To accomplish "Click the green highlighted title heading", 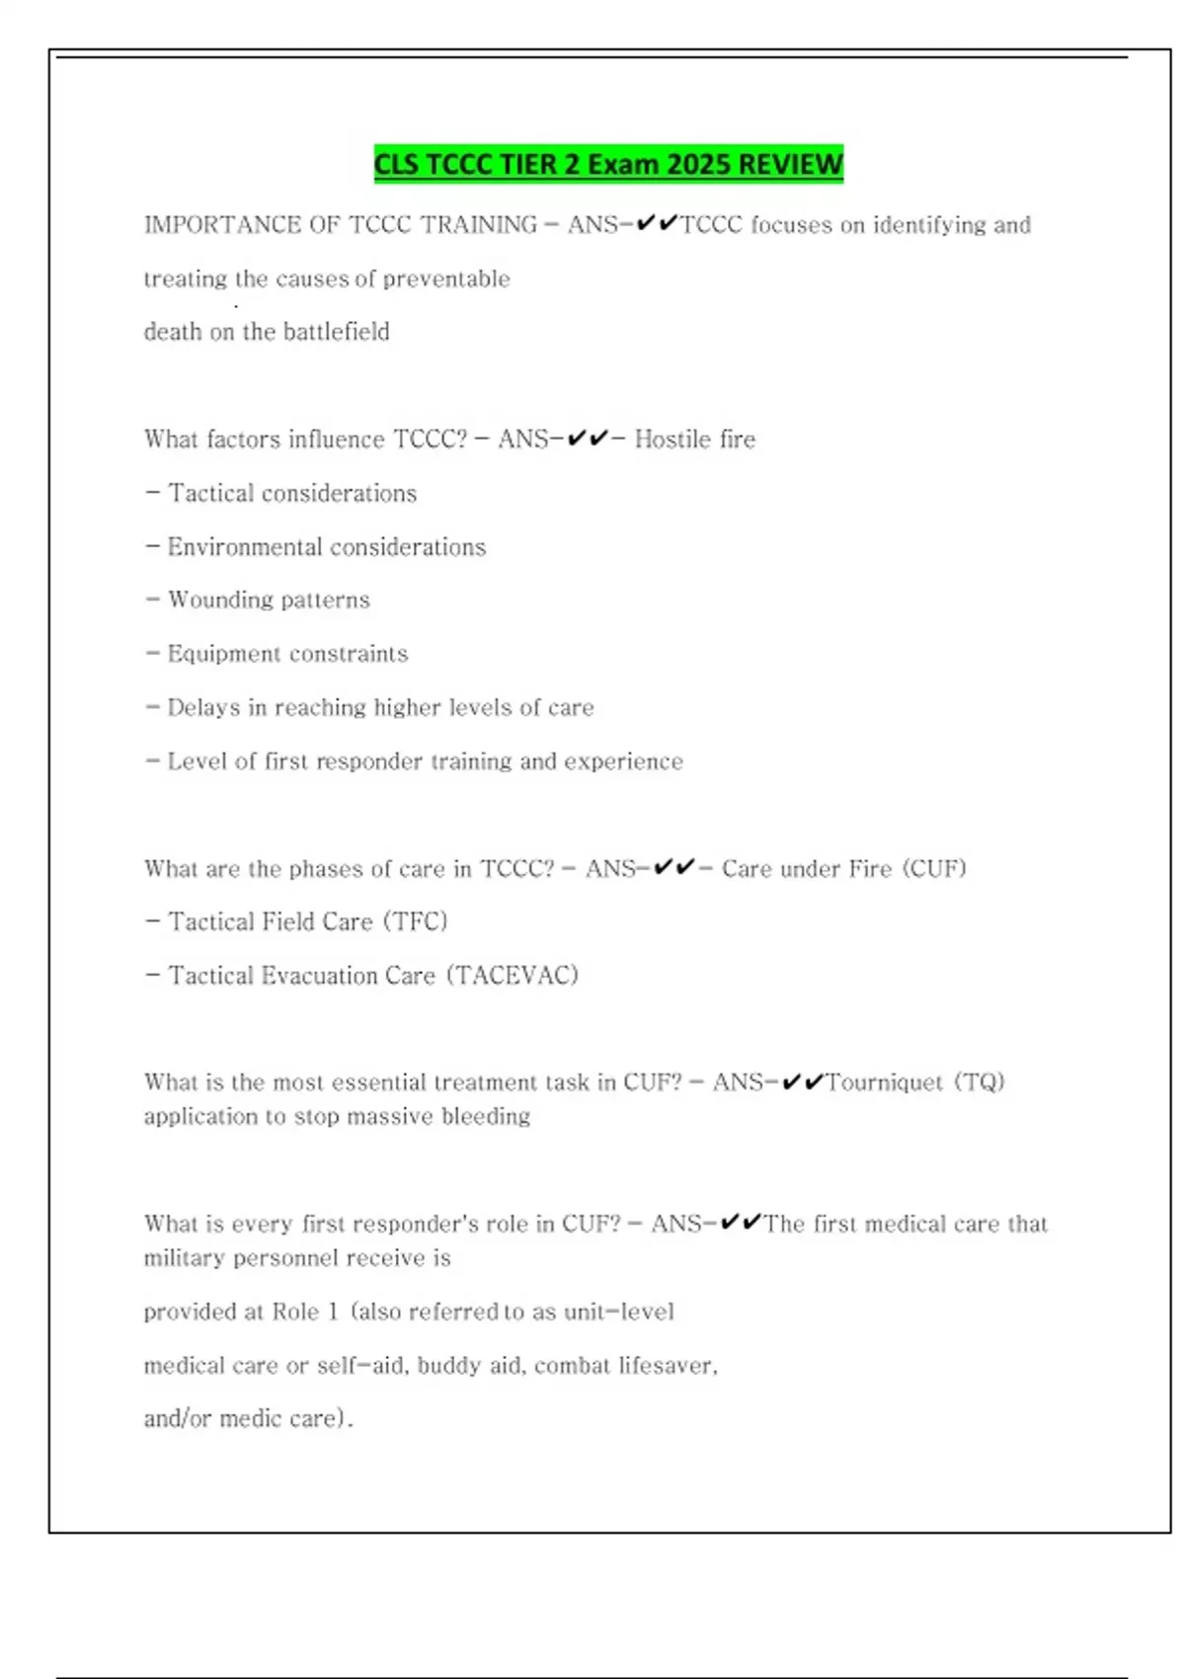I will point(608,164).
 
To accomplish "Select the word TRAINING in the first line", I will point(480,225).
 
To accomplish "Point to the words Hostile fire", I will point(695,440).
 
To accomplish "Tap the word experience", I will point(623,761).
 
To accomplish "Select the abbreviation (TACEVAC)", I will point(513,976).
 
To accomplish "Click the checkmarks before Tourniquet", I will point(802,1082).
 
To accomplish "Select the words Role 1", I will point(305,1313).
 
